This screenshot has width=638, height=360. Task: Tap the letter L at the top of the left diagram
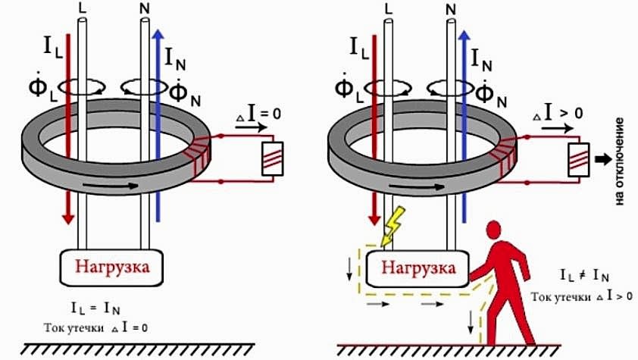[83, 8]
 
